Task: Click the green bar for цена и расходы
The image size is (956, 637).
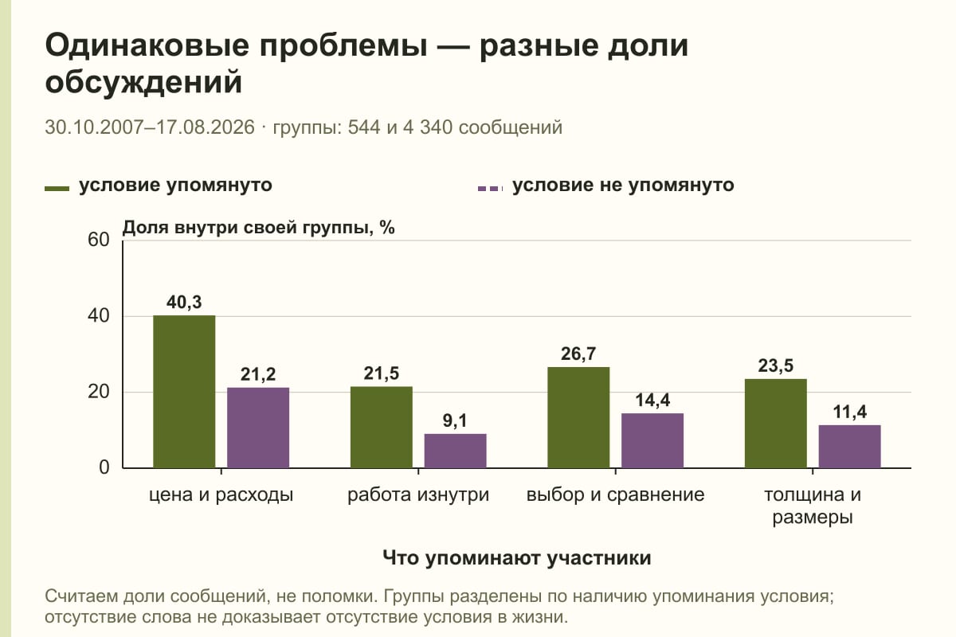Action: [184, 392]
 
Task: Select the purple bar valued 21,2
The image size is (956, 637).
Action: [258, 428]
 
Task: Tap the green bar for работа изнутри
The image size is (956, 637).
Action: [381, 427]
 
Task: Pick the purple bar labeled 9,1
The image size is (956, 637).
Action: [455, 451]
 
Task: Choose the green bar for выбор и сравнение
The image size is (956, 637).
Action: [578, 417]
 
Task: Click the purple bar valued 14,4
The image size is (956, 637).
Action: [652, 440]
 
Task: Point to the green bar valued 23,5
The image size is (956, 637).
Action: [775, 424]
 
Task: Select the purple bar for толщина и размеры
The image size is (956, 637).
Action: [849, 446]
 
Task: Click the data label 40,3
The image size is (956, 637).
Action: [184, 302]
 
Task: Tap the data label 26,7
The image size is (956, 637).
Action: [578, 354]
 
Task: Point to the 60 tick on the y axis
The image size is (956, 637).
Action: [99, 240]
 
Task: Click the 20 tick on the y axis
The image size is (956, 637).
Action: [99, 392]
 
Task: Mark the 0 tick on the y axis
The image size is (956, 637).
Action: [104, 467]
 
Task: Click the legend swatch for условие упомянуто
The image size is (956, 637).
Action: [57, 189]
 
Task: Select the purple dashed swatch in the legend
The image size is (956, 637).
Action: [491, 189]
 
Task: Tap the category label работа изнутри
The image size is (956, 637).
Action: [418, 495]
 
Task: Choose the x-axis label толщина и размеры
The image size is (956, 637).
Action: [813, 506]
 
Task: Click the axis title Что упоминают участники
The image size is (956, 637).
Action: [517, 558]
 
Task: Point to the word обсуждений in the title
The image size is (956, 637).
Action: [144, 82]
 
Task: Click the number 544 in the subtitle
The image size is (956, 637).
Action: [363, 127]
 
